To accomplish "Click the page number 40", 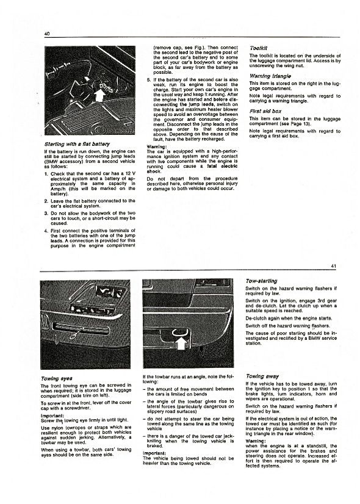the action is pyautogui.click(x=47, y=34).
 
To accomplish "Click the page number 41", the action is pyautogui.click(x=333, y=266).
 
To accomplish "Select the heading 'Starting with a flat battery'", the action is pyautogui.click(x=77, y=144).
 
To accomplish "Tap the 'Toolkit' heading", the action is pyautogui.click(x=259, y=48).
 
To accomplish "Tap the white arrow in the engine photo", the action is pyautogui.click(x=100, y=94).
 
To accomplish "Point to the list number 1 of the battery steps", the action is pyautogui.click(x=46, y=173).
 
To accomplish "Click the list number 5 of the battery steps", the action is pyautogui.click(x=148, y=80).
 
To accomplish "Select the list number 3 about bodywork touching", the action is pyautogui.click(x=46, y=213).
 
